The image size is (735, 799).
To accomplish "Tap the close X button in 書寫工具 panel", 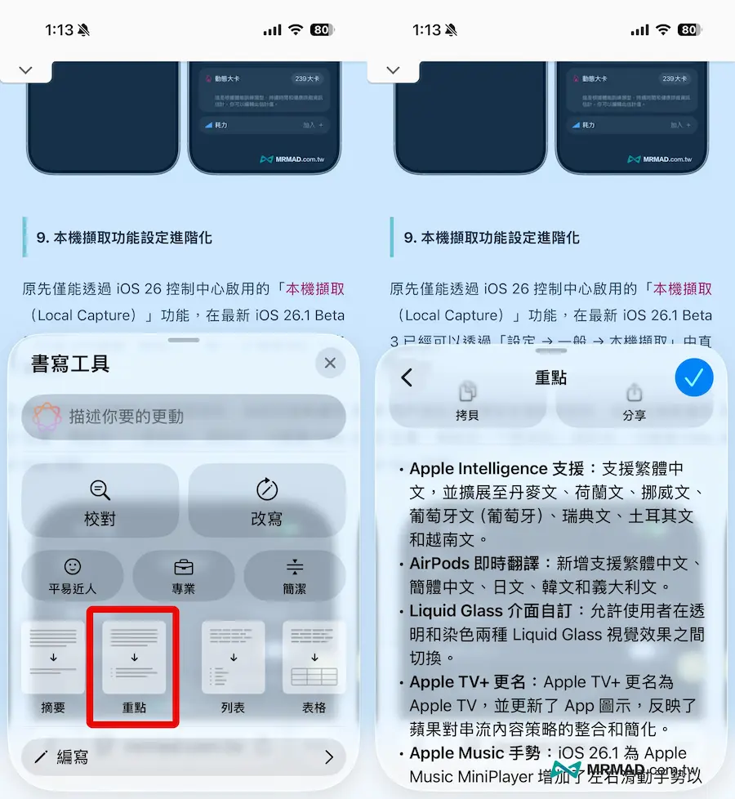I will click(x=330, y=364).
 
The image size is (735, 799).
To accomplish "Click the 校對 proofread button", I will click(x=100, y=502).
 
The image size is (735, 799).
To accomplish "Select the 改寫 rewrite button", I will click(x=267, y=502).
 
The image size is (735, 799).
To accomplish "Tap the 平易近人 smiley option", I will click(x=73, y=575).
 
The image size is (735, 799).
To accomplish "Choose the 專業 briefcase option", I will click(x=184, y=575).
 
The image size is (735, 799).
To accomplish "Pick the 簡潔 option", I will click(x=295, y=575).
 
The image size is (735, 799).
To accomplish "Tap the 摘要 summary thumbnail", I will click(x=53, y=658).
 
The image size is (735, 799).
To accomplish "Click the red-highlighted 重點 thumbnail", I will click(x=134, y=658).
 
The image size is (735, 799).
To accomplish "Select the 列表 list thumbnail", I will click(x=233, y=658).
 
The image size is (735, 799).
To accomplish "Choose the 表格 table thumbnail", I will click(x=314, y=658).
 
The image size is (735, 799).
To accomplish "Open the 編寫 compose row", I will click(x=184, y=757).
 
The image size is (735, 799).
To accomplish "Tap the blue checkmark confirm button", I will click(x=694, y=377).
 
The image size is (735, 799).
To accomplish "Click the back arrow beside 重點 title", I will click(x=407, y=377).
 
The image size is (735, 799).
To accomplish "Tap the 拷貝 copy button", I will click(x=467, y=402).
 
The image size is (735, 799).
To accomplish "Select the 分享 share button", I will click(x=634, y=402).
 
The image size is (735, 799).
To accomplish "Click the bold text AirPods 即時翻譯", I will click(x=479, y=564).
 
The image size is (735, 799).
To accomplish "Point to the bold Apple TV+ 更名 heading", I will click(x=470, y=682).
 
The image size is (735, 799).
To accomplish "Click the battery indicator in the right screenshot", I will click(x=689, y=30).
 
